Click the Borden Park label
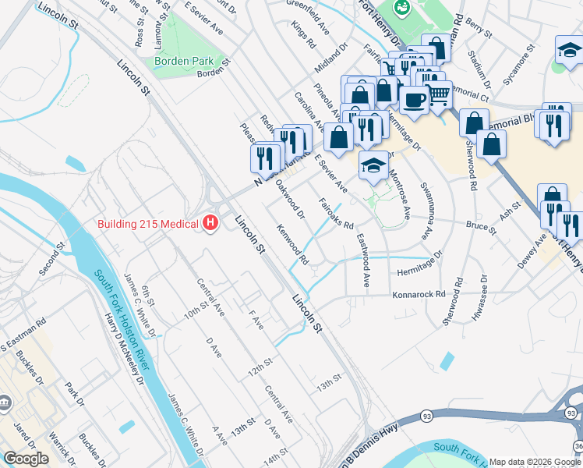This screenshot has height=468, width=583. pyautogui.click(x=183, y=60)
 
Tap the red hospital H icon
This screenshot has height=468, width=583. pyautogui.click(x=210, y=224)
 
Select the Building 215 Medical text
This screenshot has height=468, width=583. pyautogui.click(x=147, y=224)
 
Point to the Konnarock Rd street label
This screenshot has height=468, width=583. pyautogui.click(x=419, y=295)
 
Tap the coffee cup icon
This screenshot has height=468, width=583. pyautogui.click(x=414, y=99)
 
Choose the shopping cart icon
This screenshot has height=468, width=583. pyautogui.click(x=439, y=94)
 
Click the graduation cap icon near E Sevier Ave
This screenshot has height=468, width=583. pyautogui.click(x=373, y=165)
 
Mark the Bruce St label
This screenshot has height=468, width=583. pyautogui.click(x=481, y=228)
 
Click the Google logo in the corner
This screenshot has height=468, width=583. pyautogui.click(x=26, y=459)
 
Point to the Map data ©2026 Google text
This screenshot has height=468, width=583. pyautogui.click(x=535, y=462)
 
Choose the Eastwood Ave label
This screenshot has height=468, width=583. pyautogui.click(x=363, y=260)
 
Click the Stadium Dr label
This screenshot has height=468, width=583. pyautogui.click(x=480, y=69)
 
